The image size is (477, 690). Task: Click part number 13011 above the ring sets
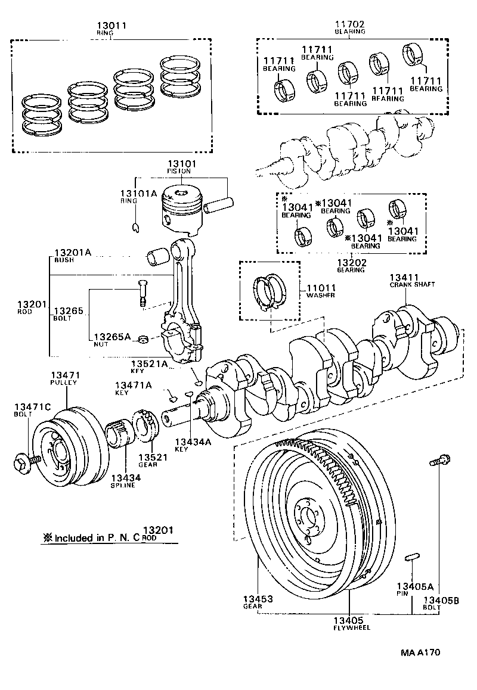(x=111, y=26)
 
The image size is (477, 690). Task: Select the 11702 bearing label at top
(x=349, y=24)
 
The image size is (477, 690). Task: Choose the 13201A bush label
(x=72, y=253)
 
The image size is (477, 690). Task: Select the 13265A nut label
(x=110, y=337)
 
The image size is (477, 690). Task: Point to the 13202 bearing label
(x=351, y=263)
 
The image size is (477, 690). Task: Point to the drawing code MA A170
(x=420, y=652)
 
